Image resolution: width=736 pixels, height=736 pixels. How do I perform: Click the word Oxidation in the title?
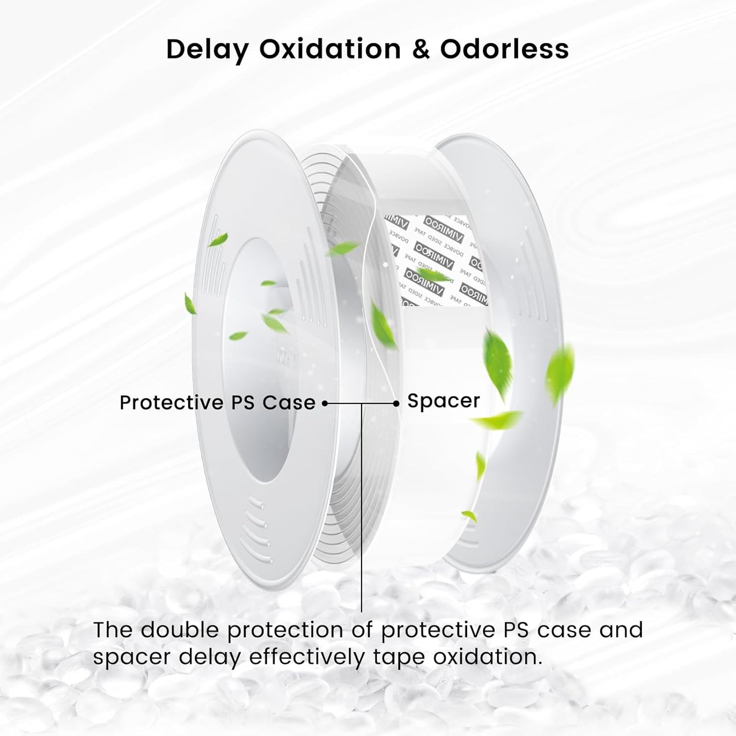click(x=330, y=49)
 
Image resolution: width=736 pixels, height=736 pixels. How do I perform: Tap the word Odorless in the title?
click(x=504, y=49)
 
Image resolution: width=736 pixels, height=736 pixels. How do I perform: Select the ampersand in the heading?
click(x=420, y=49)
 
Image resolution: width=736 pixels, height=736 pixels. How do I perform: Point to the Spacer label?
click(x=444, y=401)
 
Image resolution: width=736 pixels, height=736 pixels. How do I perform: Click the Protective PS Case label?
click(x=217, y=403)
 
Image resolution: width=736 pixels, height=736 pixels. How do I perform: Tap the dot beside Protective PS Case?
click(x=324, y=403)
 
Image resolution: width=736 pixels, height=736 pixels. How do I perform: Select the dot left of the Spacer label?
click(x=396, y=403)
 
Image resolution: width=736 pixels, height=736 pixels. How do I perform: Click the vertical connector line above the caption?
click(x=362, y=509)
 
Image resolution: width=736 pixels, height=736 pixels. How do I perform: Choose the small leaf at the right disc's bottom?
click(x=469, y=516)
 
